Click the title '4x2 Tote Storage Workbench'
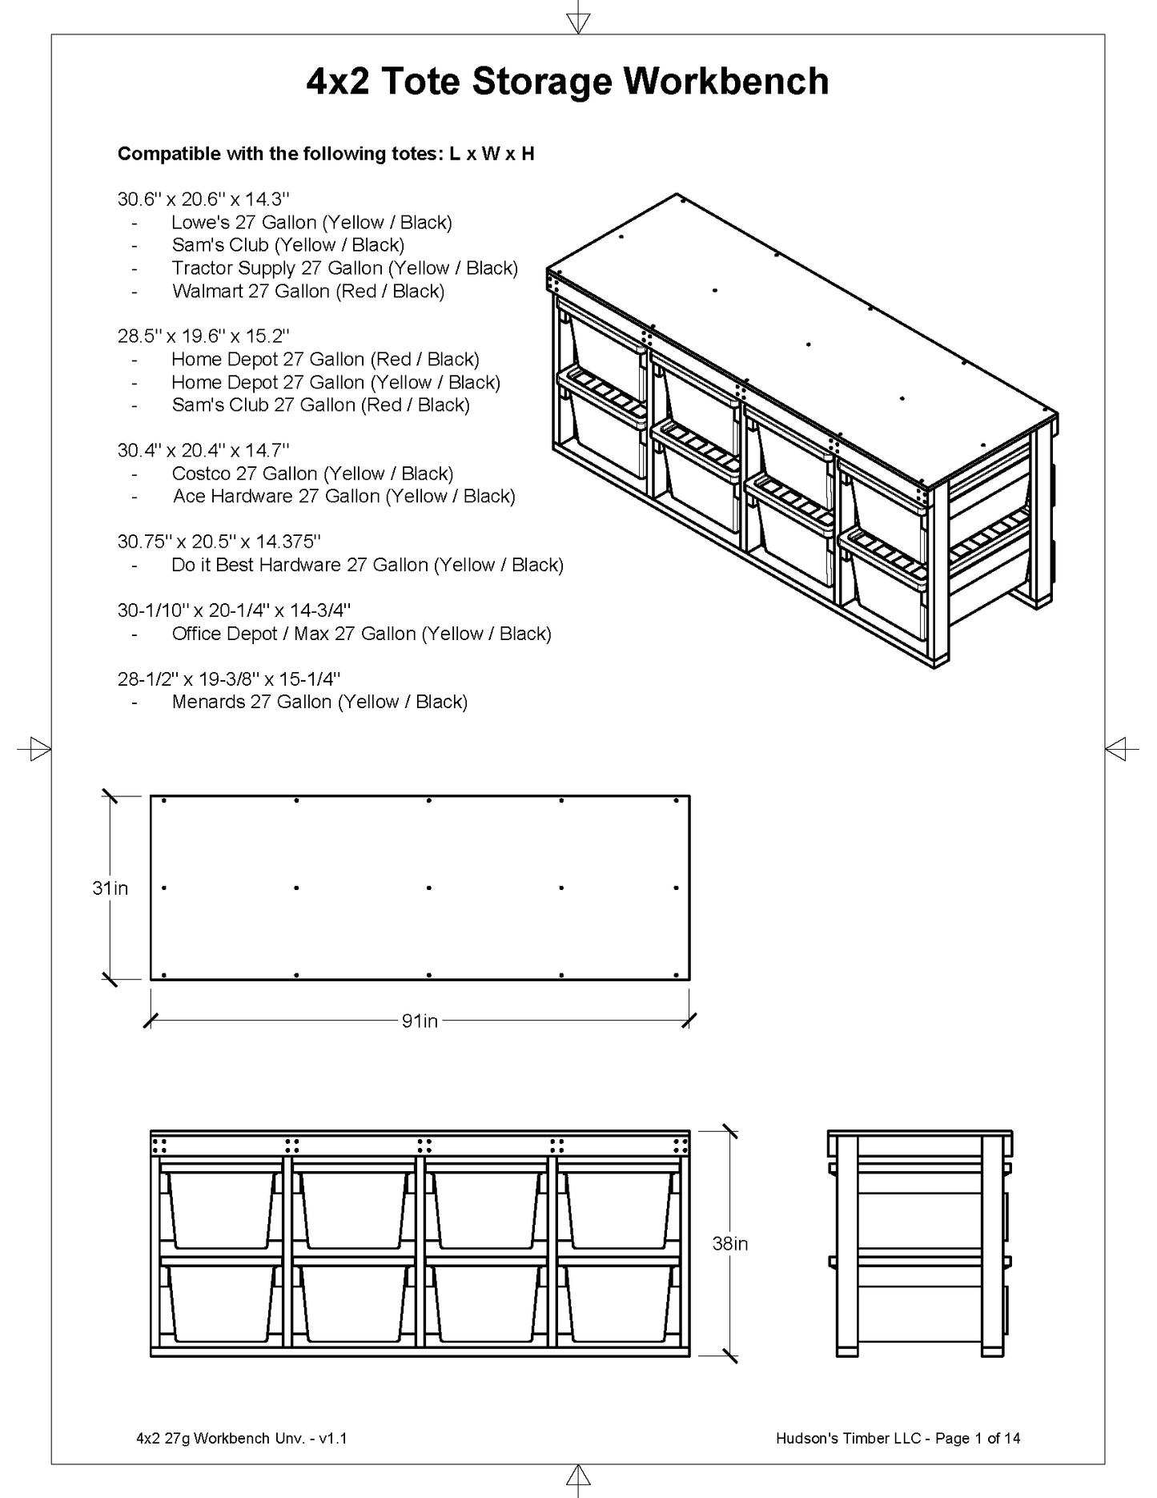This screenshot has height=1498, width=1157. (567, 82)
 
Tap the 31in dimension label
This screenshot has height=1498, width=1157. (110, 888)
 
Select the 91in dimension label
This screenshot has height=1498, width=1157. (420, 1021)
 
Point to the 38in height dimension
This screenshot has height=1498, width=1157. (729, 1243)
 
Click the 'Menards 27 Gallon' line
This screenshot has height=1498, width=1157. (319, 702)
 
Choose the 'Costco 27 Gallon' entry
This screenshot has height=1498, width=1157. (312, 473)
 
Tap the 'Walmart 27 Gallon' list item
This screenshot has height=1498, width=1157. (307, 291)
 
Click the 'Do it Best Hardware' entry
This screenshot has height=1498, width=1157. (367, 565)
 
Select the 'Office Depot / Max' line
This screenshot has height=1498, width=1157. (361, 634)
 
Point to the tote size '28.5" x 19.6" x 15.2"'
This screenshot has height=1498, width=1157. (203, 336)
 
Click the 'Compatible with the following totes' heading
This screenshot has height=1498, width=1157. (325, 154)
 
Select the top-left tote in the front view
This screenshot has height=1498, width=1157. (222, 1210)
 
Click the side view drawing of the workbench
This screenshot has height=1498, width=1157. (919, 1243)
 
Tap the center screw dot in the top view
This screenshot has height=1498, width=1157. (429, 888)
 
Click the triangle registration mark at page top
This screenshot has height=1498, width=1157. (577, 22)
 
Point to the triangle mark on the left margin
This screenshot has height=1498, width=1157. (35, 749)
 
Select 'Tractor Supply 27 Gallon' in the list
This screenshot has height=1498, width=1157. (344, 268)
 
